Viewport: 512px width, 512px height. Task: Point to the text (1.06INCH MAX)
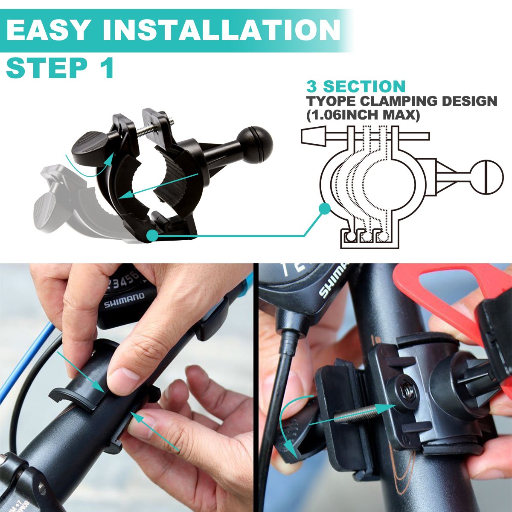click(x=363, y=115)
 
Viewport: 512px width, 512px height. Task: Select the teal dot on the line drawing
click(x=325, y=208)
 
